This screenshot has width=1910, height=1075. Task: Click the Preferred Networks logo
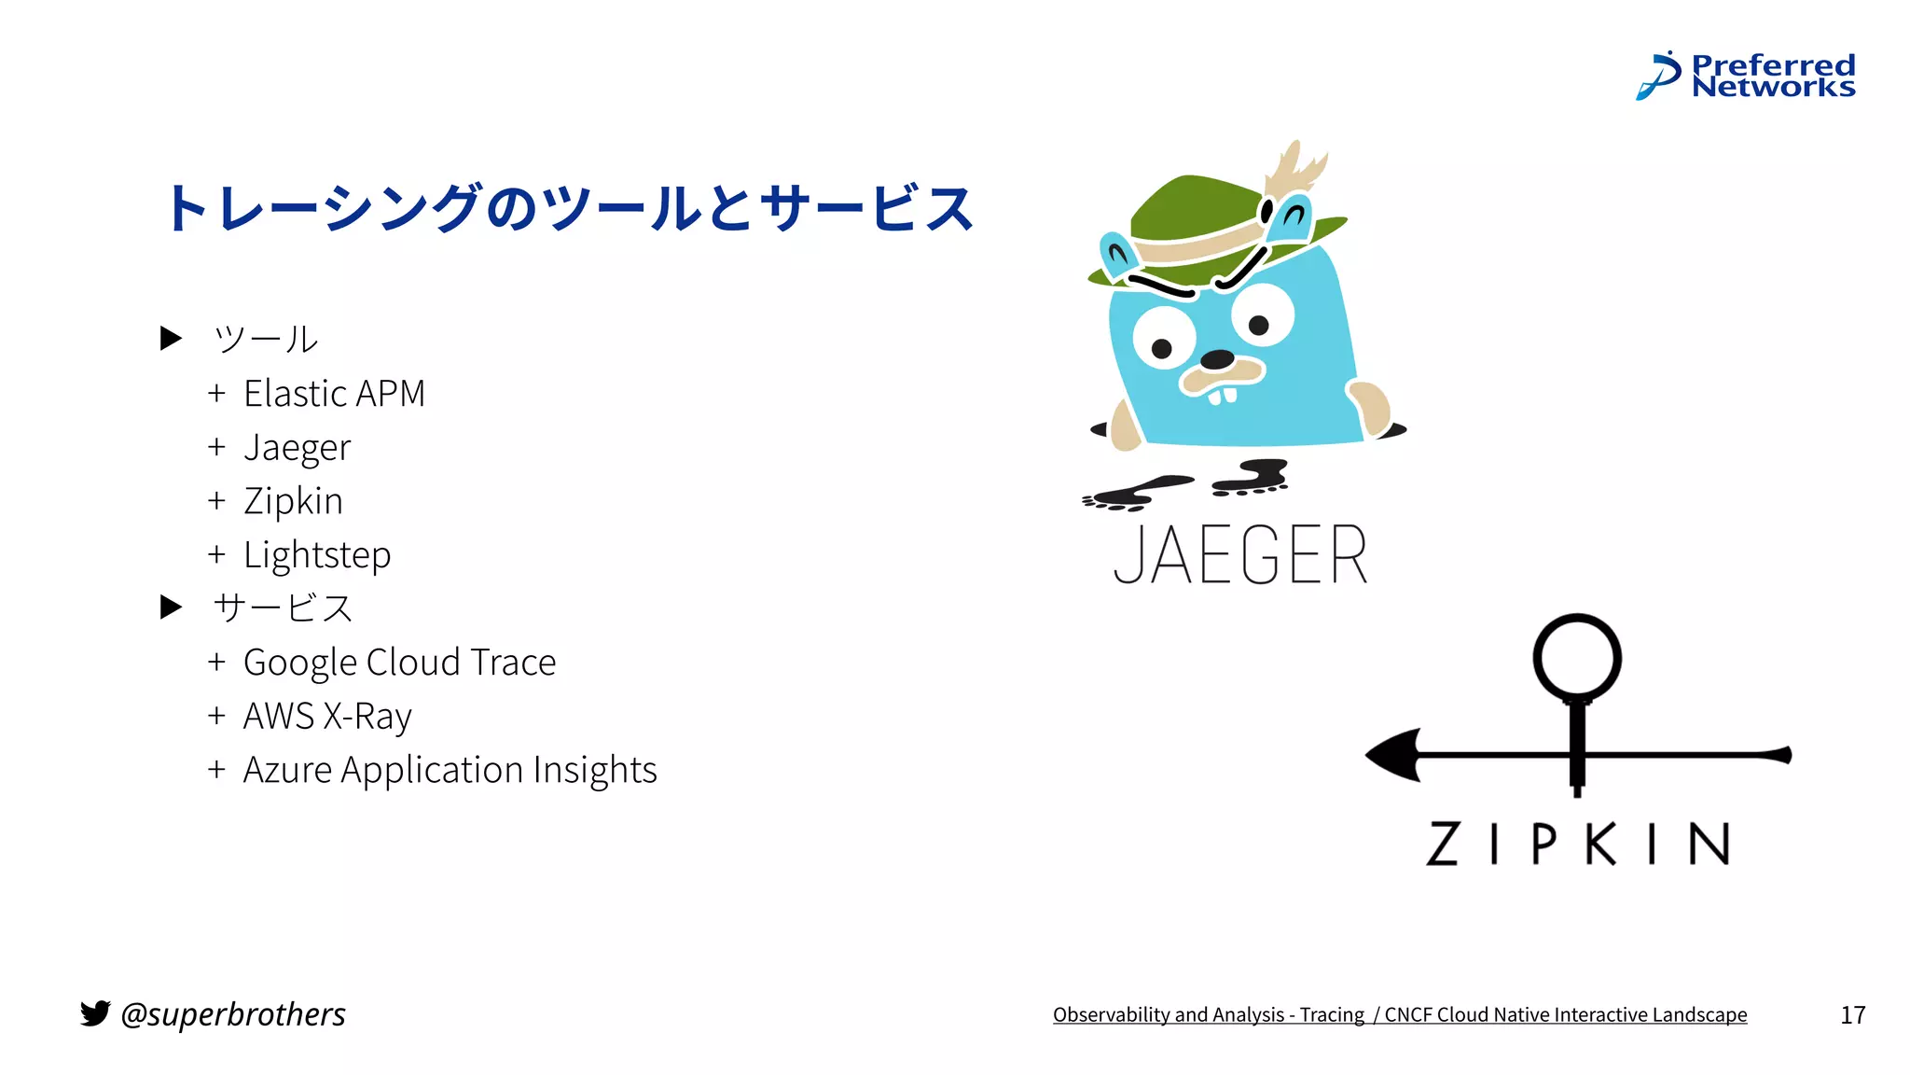1746,77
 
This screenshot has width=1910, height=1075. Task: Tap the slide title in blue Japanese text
569,207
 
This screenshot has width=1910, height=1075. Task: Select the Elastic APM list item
334,394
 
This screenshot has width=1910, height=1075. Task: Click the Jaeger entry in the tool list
297,448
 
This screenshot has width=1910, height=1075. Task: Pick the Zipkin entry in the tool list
293,501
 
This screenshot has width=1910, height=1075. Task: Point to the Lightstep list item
317,555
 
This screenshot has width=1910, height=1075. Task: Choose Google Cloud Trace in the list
399,663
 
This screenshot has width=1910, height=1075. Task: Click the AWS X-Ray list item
326,717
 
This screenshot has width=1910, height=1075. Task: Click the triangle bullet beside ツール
171,338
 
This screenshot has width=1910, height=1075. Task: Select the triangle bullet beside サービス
171,607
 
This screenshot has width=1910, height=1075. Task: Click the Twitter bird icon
95,1013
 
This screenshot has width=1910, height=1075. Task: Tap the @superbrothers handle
233,1014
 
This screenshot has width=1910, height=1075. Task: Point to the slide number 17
1852,1015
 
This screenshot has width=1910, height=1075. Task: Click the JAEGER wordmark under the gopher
1240,555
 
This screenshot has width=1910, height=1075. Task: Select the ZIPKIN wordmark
1578,844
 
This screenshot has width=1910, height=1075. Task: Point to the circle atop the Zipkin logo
1577,657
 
